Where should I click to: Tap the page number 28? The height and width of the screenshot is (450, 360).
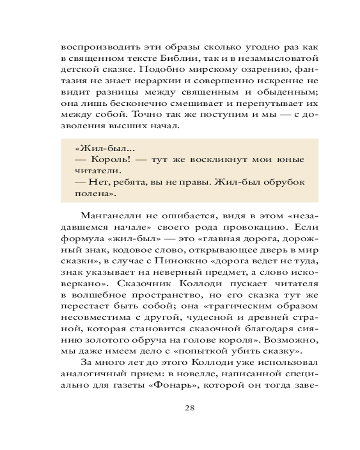[x=189, y=408]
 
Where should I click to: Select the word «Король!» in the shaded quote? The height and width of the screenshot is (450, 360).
[x=108, y=159]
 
